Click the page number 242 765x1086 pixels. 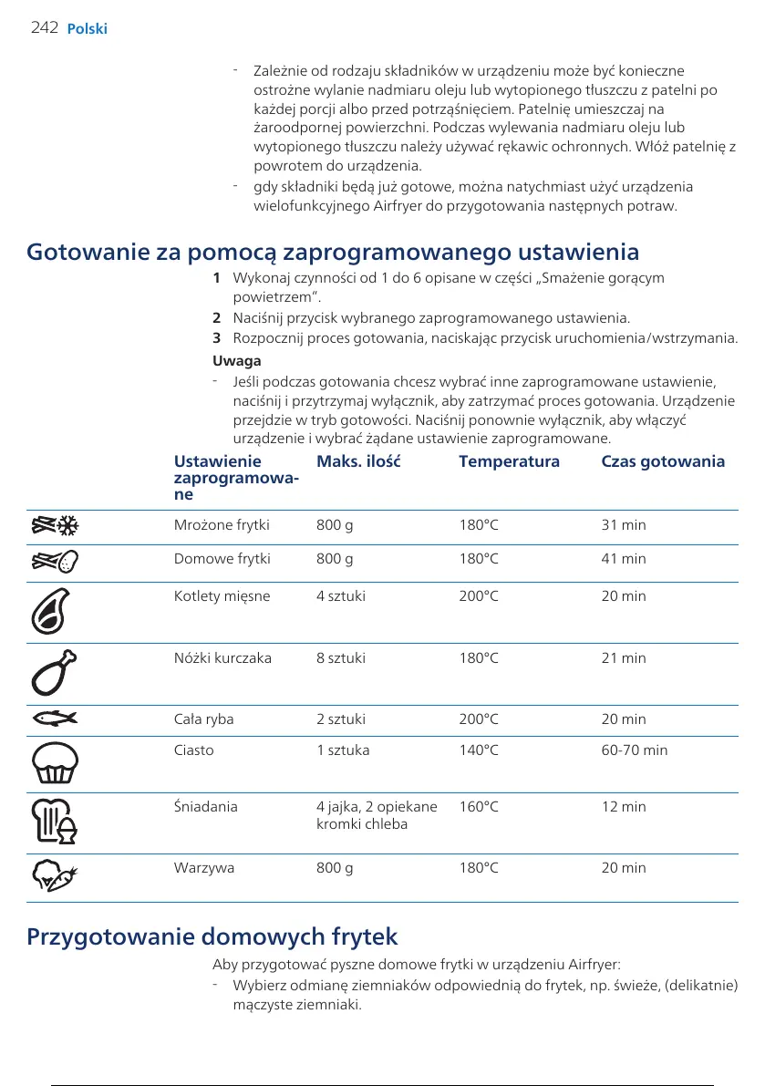[44, 28]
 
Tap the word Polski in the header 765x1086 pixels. [88, 29]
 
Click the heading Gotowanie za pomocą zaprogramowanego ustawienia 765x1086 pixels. [333, 252]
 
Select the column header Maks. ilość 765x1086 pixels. [358, 461]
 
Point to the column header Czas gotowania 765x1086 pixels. [663, 461]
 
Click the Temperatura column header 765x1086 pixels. [509, 461]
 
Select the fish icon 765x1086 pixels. [56, 719]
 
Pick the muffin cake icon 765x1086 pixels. [56, 763]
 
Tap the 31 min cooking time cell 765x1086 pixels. [624, 525]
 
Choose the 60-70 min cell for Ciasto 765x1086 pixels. [634, 750]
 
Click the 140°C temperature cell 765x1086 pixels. [479, 750]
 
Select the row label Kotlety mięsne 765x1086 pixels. [222, 596]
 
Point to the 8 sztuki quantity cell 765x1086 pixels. [340, 658]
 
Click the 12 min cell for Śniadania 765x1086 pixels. [624, 807]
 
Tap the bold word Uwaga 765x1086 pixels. [236, 361]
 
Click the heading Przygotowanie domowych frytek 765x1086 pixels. [212, 936]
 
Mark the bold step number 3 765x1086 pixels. [216, 339]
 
